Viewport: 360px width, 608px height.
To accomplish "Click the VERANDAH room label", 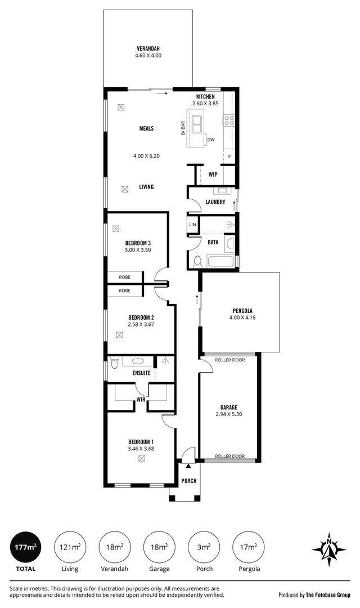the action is [148, 49].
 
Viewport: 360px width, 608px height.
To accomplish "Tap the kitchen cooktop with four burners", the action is [229, 120].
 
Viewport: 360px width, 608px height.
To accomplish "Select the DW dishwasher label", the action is [211, 140].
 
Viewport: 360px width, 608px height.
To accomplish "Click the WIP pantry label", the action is [213, 175].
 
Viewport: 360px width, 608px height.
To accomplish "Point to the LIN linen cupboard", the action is [192, 225].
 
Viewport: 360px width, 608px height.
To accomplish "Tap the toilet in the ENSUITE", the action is [114, 363].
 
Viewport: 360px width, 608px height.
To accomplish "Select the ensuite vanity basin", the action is [138, 361].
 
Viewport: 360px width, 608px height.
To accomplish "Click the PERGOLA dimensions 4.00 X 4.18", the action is [242, 318].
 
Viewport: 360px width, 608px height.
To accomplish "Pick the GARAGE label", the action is [228, 408].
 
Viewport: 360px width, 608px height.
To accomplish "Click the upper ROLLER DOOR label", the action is [230, 360].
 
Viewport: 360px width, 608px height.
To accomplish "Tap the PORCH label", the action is [189, 481].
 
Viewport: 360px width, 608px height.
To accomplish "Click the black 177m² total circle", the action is [25, 548].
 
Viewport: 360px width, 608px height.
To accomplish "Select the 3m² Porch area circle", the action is [204, 548].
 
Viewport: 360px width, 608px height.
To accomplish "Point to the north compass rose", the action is [329, 549].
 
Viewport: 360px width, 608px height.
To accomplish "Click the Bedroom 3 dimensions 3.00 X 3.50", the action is [138, 250].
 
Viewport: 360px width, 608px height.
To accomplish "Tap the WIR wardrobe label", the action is [141, 399].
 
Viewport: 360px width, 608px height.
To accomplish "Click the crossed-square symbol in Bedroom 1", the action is [141, 459].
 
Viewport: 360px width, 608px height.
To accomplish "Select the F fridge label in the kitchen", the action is [229, 157].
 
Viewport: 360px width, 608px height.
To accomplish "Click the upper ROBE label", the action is [125, 277].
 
